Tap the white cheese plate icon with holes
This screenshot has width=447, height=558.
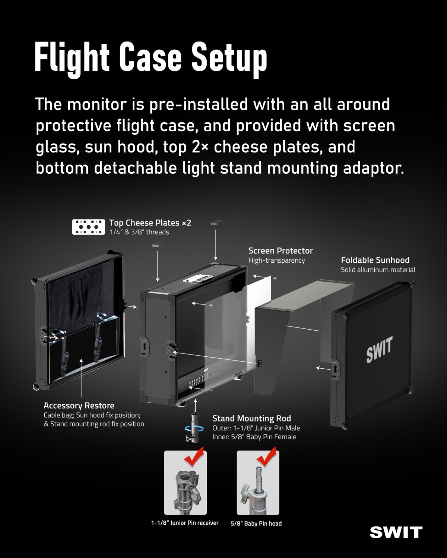[89, 227]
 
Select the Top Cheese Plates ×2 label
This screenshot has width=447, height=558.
[150, 223]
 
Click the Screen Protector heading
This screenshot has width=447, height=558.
[280, 251]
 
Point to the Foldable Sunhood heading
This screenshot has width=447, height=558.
[375, 260]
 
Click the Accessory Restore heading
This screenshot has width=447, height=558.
[79, 405]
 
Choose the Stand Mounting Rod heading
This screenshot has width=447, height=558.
[252, 418]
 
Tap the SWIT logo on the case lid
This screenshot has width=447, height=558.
[379, 349]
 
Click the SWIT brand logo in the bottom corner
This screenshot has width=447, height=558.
[396, 532]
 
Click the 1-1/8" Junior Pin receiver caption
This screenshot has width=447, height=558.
[185, 523]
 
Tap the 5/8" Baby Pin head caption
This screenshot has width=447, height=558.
[256, 523]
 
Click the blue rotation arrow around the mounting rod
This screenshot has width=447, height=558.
[194, 429]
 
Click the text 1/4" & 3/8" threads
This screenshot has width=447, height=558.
[139, 232]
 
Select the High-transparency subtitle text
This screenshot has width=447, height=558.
[277, 260]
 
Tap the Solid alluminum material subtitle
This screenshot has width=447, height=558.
[378, 270]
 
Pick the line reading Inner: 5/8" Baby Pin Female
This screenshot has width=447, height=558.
[254, 437]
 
